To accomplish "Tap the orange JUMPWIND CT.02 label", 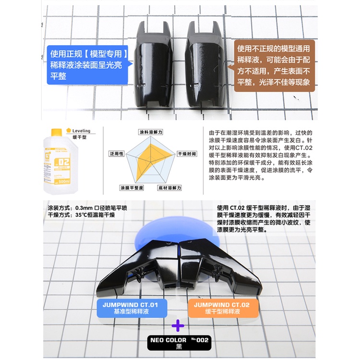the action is point(224,307).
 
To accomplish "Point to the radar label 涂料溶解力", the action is point(151,132).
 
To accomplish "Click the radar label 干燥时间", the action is point(187,154).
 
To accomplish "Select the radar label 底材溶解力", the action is point(169,187).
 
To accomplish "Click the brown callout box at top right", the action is point(273,65).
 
